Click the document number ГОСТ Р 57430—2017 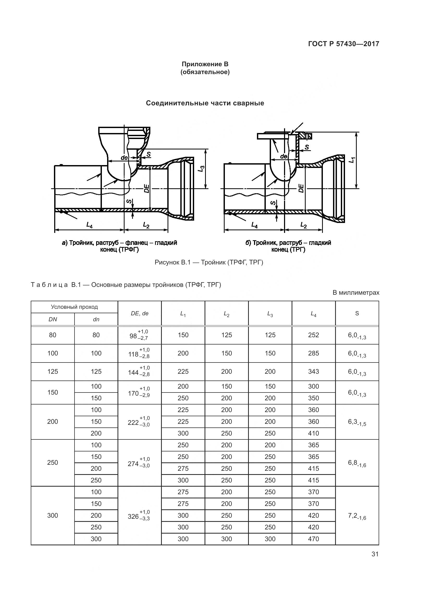point(343,44)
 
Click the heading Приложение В point(205,64)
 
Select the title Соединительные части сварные point(205,103)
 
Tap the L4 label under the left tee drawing point(89,225)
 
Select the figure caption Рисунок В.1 point(209,263)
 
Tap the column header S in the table point(357,313)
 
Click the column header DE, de point(140,313)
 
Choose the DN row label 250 point(53,463)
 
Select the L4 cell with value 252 point(313,335)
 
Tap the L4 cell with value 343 point(313,371)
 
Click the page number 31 point(375,554)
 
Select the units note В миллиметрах point(356,293)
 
